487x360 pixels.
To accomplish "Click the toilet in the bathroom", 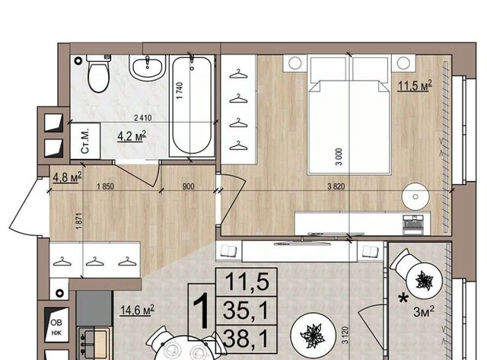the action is pyautogui.click(x=98, y=73).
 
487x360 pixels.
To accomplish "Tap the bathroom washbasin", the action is pyautogui.click(x=147, y=68).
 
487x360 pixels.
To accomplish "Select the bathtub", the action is pyautogui.click(x=192, y=106).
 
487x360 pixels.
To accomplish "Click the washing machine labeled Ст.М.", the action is pyautogui.click(x=85, y=142).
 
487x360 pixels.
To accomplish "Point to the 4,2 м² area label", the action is pyautogui.click(x=132, y=136).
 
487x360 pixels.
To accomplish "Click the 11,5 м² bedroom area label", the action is pyautogui.click(x=415, y=86).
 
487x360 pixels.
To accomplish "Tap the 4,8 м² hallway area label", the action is pyautogui.click(x=67, y=177).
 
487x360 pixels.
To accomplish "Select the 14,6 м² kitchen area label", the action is pyautogui.click(x=137, y=310).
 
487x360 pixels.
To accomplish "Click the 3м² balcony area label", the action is pyautogui.click(x=424, y=311).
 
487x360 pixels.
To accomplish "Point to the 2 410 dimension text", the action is pyautogui.click(x=143, y=118).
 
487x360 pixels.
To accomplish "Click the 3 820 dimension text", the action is pyautogui.click(x=336, y=186).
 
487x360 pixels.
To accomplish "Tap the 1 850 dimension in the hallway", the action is pyautogui.click(x=105, y=186).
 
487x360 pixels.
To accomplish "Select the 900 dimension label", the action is pyautogui.click(x=188, y=186).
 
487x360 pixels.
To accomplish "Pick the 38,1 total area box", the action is pyautogui.click(x=246, y=339).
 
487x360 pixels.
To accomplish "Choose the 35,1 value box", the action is pyautogui.click(x=246, y=311).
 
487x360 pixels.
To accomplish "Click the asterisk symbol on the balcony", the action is pyautogui.click(x=403, y=299).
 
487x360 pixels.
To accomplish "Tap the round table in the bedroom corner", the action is pyautogui.click(x=415, y=196).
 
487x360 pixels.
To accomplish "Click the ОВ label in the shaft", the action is pyautogui.click(x=56, y=323).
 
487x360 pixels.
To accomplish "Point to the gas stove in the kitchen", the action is pyautogui.click(x=95, y=343).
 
